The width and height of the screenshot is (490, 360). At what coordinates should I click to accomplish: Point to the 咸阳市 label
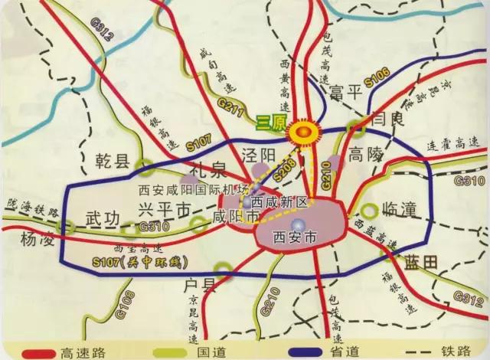[x=240, y=218]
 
